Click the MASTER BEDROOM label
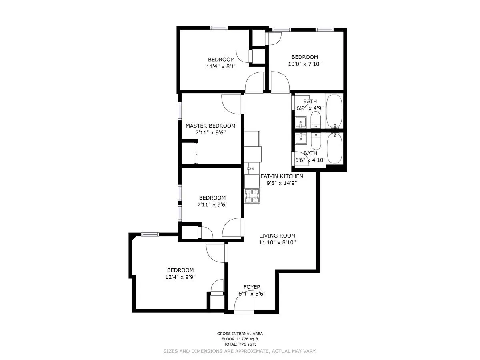tap(210, 126)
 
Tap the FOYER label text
tap(252, 287)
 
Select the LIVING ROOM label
tap(277, 236)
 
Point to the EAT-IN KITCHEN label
tap(282, 176)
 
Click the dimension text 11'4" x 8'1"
tap(218, 66)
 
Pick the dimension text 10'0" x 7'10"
tap(304, 64)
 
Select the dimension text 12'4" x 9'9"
tap(180, 277)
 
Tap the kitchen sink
tap(252, 169)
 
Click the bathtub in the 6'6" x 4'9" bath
tap(334, 110)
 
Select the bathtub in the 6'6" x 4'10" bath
tap(334, 148)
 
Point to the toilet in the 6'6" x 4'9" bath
tap(316, 120)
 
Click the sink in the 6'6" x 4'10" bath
tap(300, 139)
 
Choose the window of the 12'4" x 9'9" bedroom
tap(150, 234)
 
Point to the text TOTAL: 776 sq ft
tap(240, 344)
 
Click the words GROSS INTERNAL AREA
tap(240, 334)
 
